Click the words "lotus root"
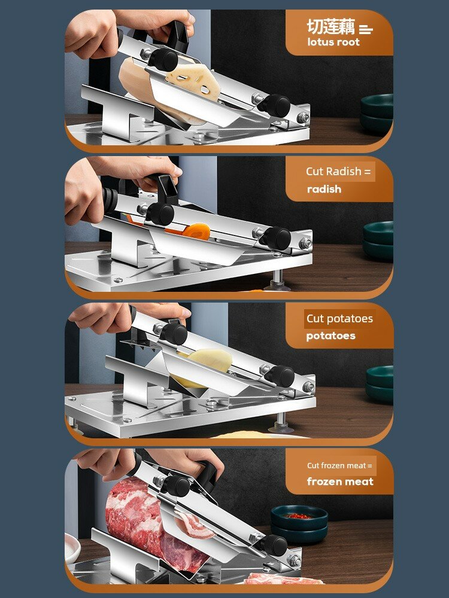333,42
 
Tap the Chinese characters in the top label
331,26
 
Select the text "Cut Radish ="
338,171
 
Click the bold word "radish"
324,189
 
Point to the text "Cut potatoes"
339,319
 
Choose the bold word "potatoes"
330,336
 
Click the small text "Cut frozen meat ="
339,465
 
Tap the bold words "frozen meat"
340,481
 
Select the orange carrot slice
196,231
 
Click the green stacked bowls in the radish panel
378,240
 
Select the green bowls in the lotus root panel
377,114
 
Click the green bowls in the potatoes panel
380,384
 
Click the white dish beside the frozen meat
72,548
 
